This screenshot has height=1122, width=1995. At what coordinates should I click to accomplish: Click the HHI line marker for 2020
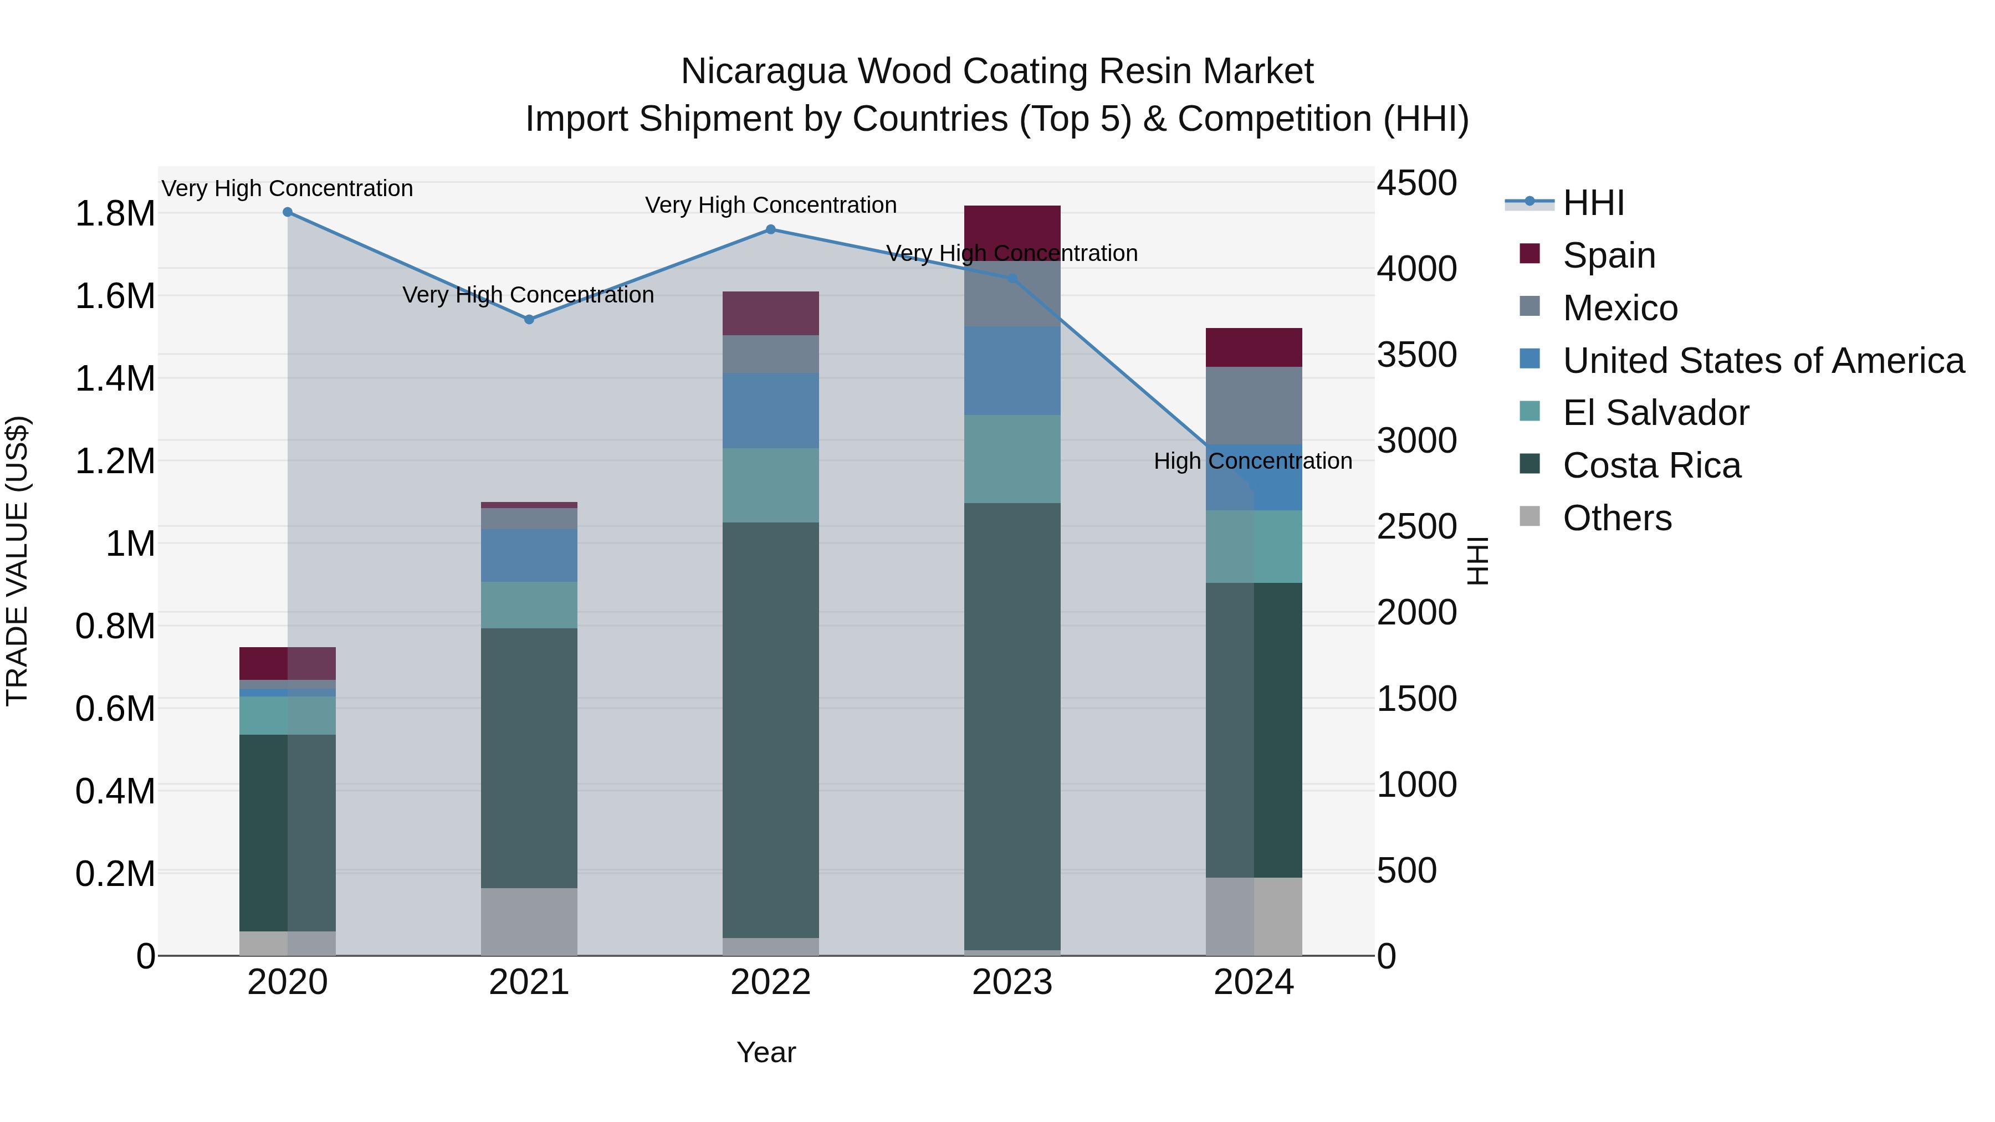tap(287, 212)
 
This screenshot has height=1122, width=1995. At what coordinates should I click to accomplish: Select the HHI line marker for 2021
tap(529, 319)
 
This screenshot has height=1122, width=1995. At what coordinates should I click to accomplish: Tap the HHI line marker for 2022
tap(771, 229)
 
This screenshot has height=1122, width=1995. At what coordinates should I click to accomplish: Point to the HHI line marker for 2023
tap(1012, 278)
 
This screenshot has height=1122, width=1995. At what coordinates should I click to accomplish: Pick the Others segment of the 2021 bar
tap(529, 921)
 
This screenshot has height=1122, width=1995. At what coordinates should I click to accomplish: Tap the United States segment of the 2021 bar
tap(529, 555)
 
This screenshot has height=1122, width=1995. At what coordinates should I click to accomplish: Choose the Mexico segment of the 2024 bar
tap(1254, 405)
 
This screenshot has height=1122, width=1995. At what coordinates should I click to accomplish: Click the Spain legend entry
tap(1609, 255)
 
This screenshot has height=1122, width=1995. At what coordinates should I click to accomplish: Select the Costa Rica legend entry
tap(1651, 466)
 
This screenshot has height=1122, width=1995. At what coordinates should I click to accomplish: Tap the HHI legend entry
tap(1593, 203)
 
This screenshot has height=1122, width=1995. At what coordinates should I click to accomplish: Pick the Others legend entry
tap(1617, 518)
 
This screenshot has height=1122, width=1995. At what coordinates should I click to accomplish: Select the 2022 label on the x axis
tap(771, 982)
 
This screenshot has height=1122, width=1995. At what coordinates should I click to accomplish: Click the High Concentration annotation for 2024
tap(1252, 462)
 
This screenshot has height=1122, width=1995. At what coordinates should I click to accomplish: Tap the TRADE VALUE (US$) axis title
tap(18, 561)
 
